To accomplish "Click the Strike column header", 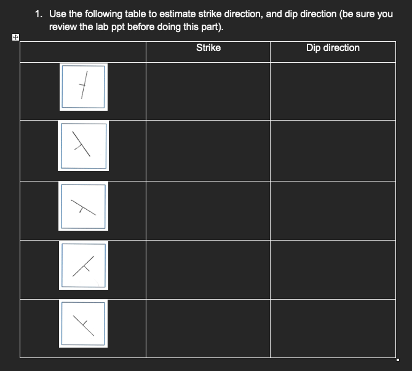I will pos(208,48).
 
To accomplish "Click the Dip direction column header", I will pos(333,48).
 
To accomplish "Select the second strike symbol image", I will pos(82,146).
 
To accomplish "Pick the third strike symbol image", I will pos(82,207).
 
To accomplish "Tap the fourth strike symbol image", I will pos(83,266).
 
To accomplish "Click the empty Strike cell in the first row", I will pos(208,90).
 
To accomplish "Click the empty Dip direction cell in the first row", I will pos(333,90).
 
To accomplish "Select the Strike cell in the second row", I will pos(208,150).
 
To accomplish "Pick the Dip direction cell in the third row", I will pos(333,210).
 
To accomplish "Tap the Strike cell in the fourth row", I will pos(208,269).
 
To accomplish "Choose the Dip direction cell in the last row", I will pos(333,327).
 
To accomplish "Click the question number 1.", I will pos(38,14).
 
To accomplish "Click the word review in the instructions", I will pos(63,26).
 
